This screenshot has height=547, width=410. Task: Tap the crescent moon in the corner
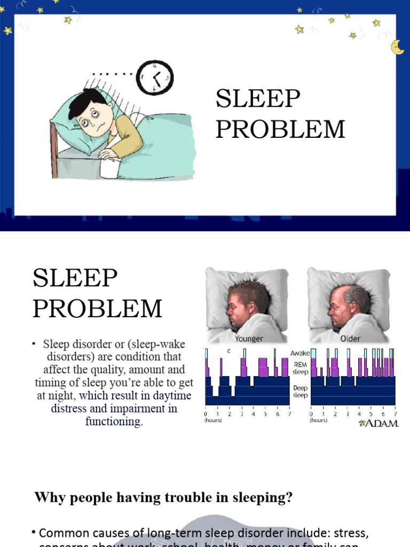pos(397,47)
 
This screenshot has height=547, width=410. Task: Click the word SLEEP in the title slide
pos(258,99)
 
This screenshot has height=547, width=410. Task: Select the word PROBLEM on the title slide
pos(280,129)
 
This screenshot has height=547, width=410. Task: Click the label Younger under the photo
pos(248,339)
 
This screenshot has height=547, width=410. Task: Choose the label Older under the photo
pos(350,339)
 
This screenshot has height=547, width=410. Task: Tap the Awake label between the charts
pos(299,353)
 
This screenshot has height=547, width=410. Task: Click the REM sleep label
pos(299,367)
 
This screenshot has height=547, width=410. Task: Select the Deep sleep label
pos(299,392)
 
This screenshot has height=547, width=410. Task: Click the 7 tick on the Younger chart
pos(289,414)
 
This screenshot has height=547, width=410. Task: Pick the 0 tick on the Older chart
pos(311,414)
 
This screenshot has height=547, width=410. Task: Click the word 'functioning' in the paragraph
pos(114,421)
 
